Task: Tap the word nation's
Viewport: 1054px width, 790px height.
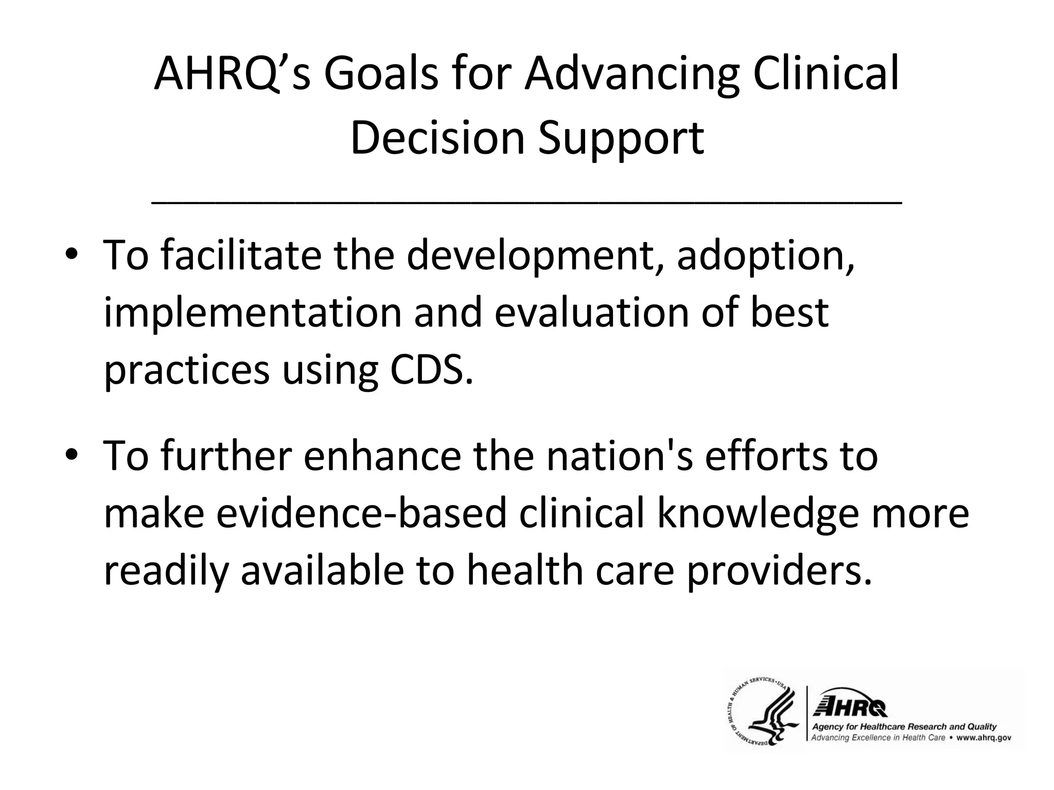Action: pos(619,456)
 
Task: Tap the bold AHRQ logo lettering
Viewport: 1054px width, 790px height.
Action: pos(849,707)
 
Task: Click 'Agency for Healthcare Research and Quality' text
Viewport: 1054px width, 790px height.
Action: pos(904,727)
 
